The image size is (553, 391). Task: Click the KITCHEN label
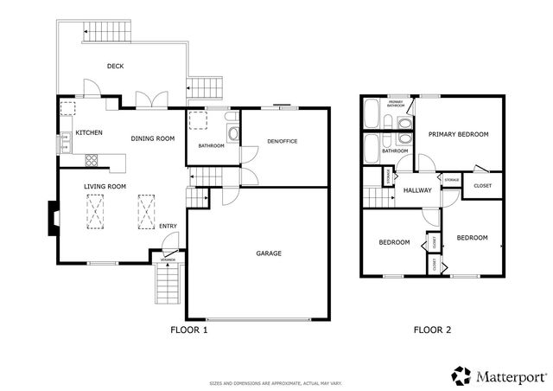(89, 133)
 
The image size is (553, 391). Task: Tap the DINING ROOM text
(153, 138)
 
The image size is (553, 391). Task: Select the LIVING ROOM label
(105, 186)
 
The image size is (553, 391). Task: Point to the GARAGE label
(268, 253)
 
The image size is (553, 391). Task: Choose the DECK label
(116, 66)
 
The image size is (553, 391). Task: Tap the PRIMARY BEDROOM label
(458, 134)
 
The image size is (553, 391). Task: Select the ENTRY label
(168, 228)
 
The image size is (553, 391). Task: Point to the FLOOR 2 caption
(432, 330)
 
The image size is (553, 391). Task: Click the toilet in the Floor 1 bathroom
(229, 132)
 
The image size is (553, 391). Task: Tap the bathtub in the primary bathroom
(372, 112)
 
